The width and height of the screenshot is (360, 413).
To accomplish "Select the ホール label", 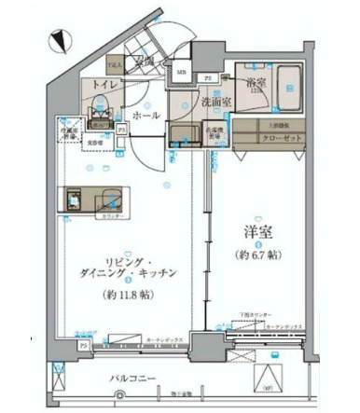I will click(x=144, y=116).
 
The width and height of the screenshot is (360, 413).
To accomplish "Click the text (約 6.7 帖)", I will click(x=258, y=253).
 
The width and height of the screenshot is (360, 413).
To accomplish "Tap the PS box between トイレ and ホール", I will click(x=122, y=130).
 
